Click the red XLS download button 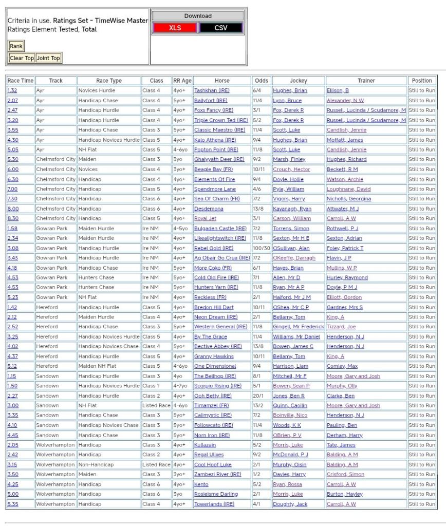tap(175, 28)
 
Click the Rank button tap(16, 46)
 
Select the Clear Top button tap(22, 58)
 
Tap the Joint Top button tap(48, 58)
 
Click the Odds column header tap(262, 81)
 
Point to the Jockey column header tap(298, 81)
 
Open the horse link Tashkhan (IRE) tap(211, 90)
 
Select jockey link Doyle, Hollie tap(288, 179)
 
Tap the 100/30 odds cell tap(262, 248)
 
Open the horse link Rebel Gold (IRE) tap(214, 248)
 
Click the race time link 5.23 tap(12, 297)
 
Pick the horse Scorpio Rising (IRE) tap(217, 386)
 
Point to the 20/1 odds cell tap(259, 396)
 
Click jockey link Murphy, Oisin tap(291, 465)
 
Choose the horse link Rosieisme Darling tap(216, 494)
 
